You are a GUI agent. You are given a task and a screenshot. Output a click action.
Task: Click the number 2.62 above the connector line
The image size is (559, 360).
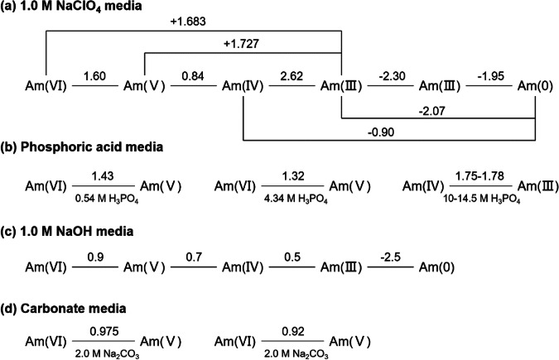[x=291, y=75]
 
